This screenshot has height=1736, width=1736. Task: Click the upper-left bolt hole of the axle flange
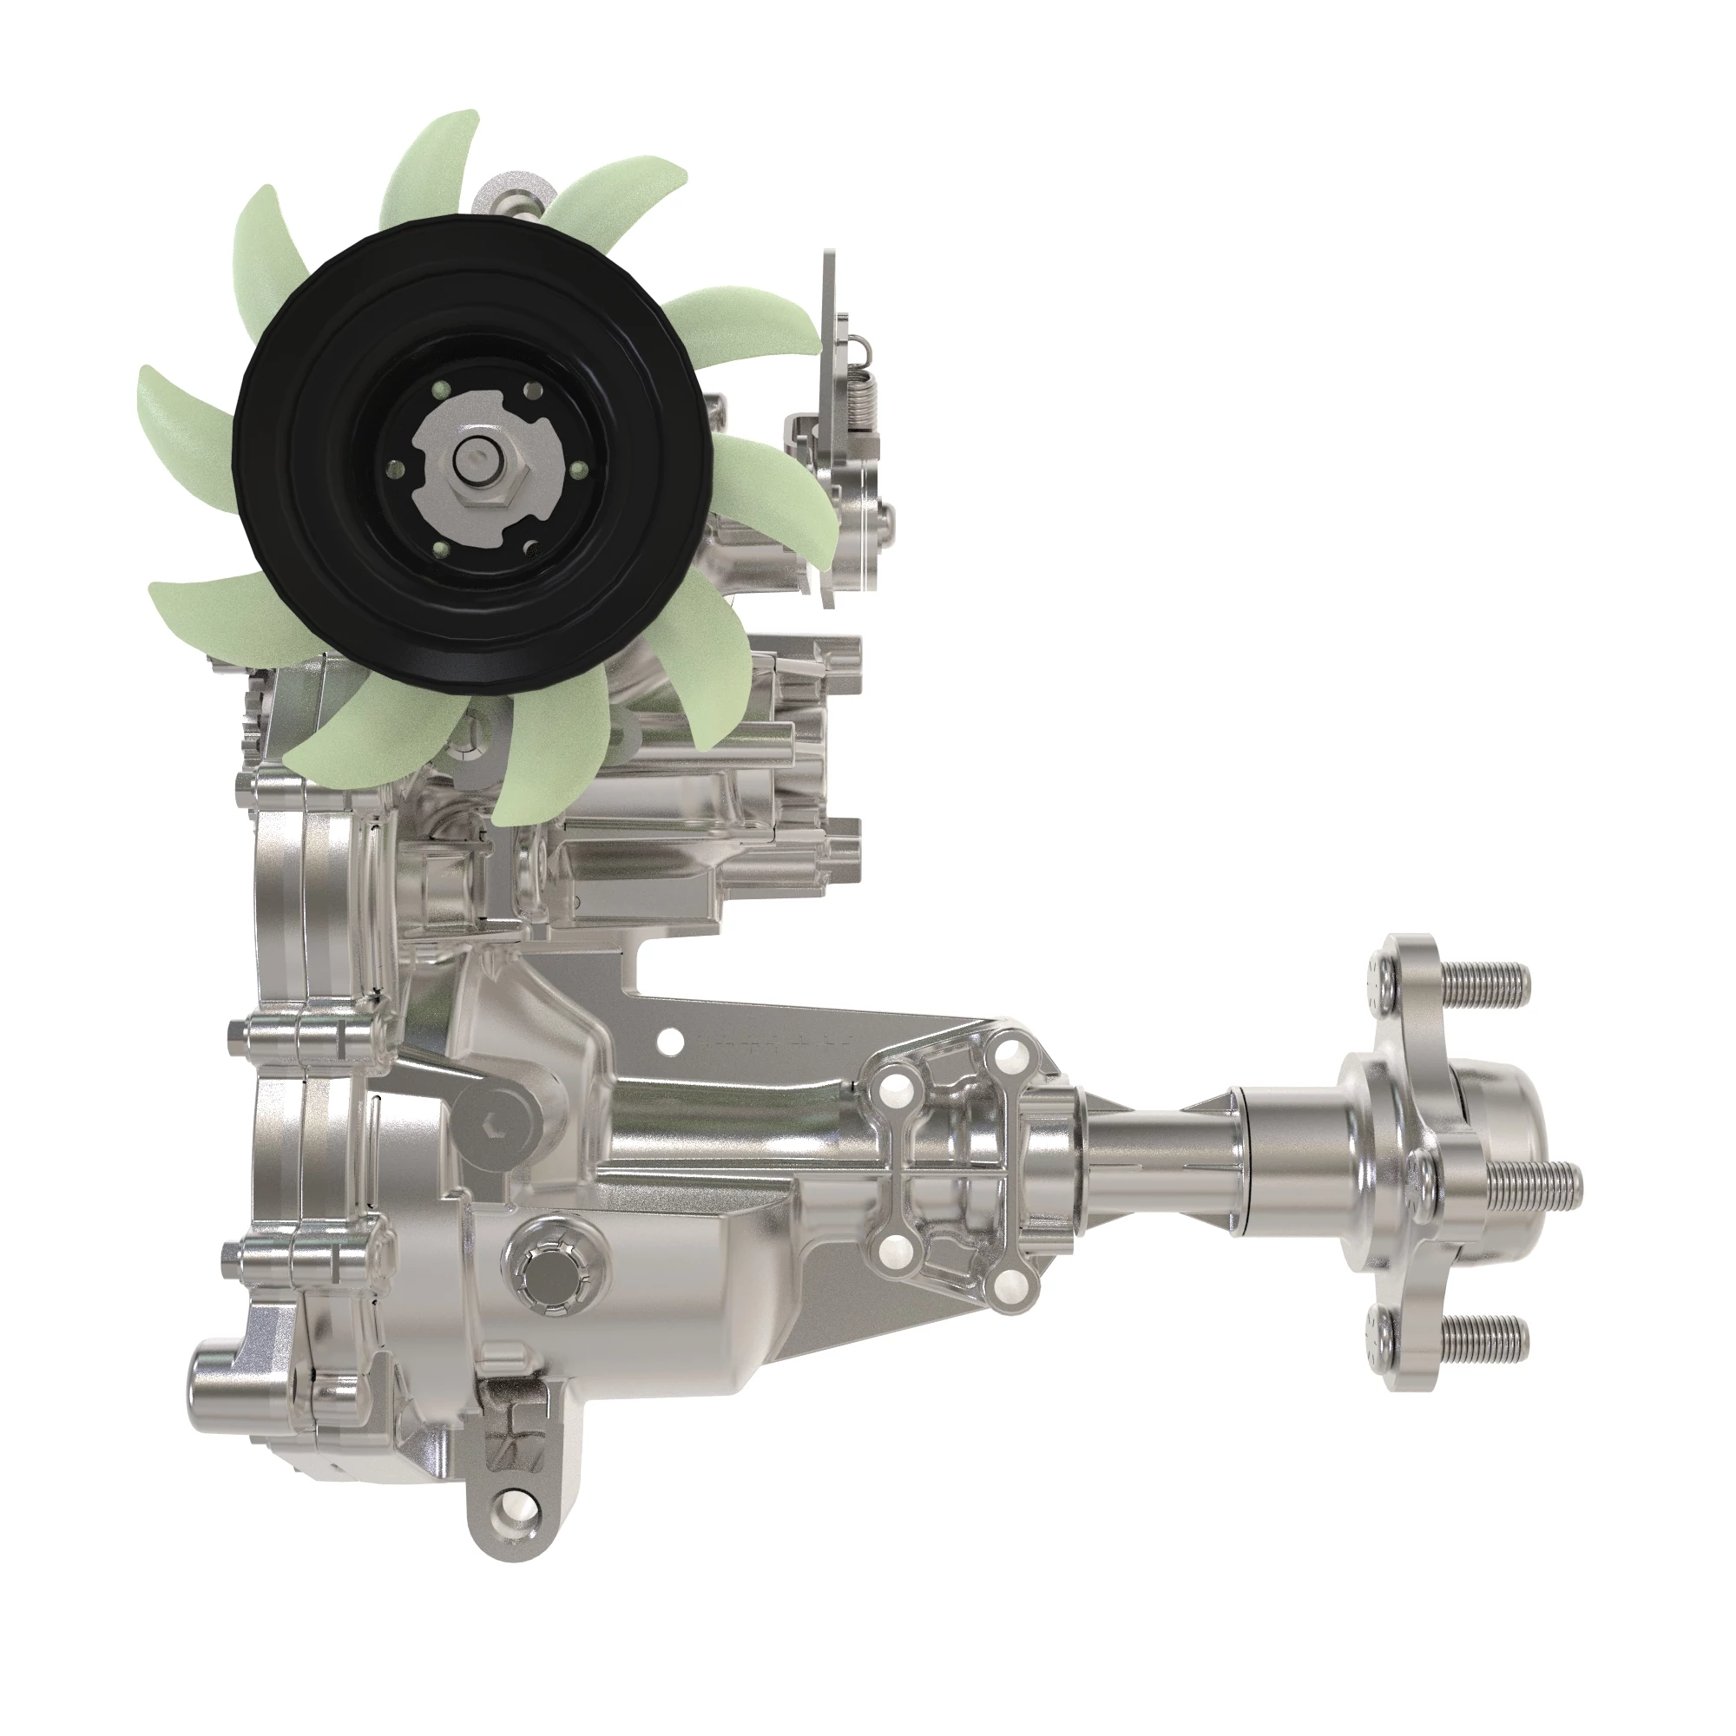891,1091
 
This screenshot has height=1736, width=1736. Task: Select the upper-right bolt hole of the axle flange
1007,1049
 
